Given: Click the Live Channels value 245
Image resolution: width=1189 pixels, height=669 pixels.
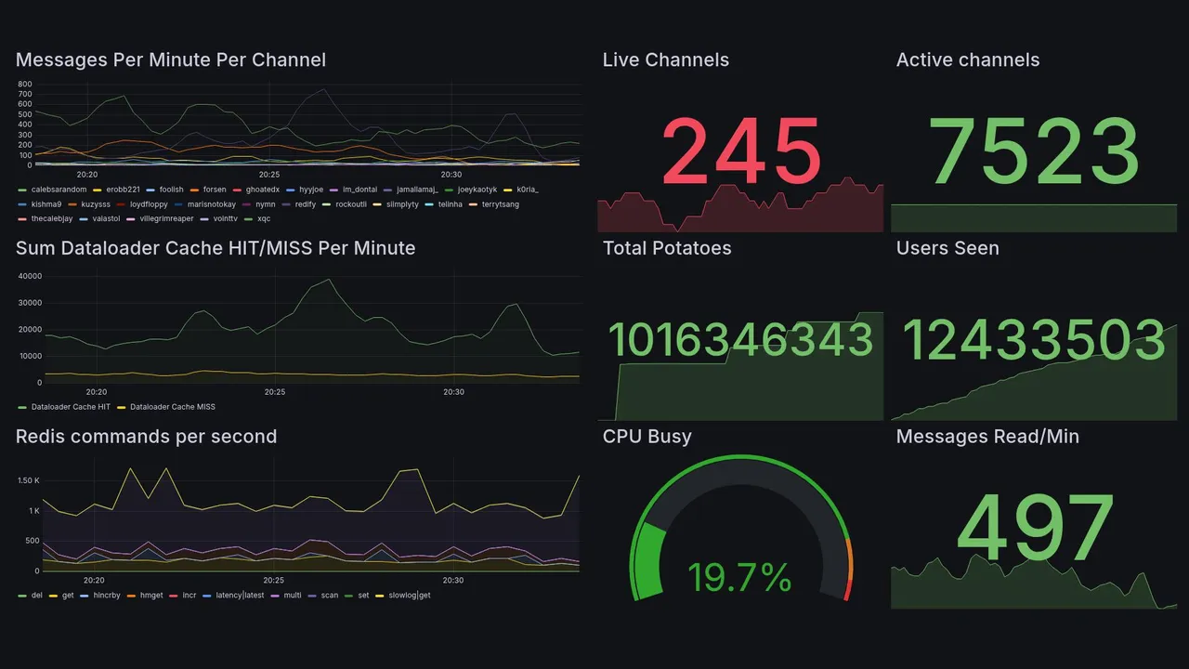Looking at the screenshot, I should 740,151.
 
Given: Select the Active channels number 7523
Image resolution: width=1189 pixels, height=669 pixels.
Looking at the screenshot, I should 1034,151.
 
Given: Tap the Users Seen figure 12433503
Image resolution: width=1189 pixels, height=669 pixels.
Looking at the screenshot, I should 1034,340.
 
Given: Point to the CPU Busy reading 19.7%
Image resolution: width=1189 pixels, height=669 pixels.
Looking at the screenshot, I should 739,577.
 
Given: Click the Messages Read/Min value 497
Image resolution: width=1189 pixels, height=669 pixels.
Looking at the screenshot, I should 1034,529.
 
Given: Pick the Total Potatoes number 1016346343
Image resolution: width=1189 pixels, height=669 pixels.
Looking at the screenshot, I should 740,340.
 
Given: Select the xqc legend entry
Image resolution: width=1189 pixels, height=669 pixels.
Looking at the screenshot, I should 264,219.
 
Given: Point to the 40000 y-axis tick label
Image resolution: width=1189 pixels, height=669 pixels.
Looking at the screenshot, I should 30,276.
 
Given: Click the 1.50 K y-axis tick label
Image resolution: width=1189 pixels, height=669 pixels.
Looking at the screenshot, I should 29,480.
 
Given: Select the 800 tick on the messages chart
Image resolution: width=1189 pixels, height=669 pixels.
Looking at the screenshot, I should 25,84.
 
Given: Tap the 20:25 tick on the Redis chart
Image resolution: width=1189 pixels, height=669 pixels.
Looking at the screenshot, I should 269,580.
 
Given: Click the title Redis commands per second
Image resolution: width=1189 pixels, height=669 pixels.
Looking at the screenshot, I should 146,437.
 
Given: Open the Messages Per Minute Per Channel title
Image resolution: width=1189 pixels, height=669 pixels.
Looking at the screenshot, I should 171,60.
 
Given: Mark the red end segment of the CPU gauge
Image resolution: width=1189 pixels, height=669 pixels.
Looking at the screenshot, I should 847,590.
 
